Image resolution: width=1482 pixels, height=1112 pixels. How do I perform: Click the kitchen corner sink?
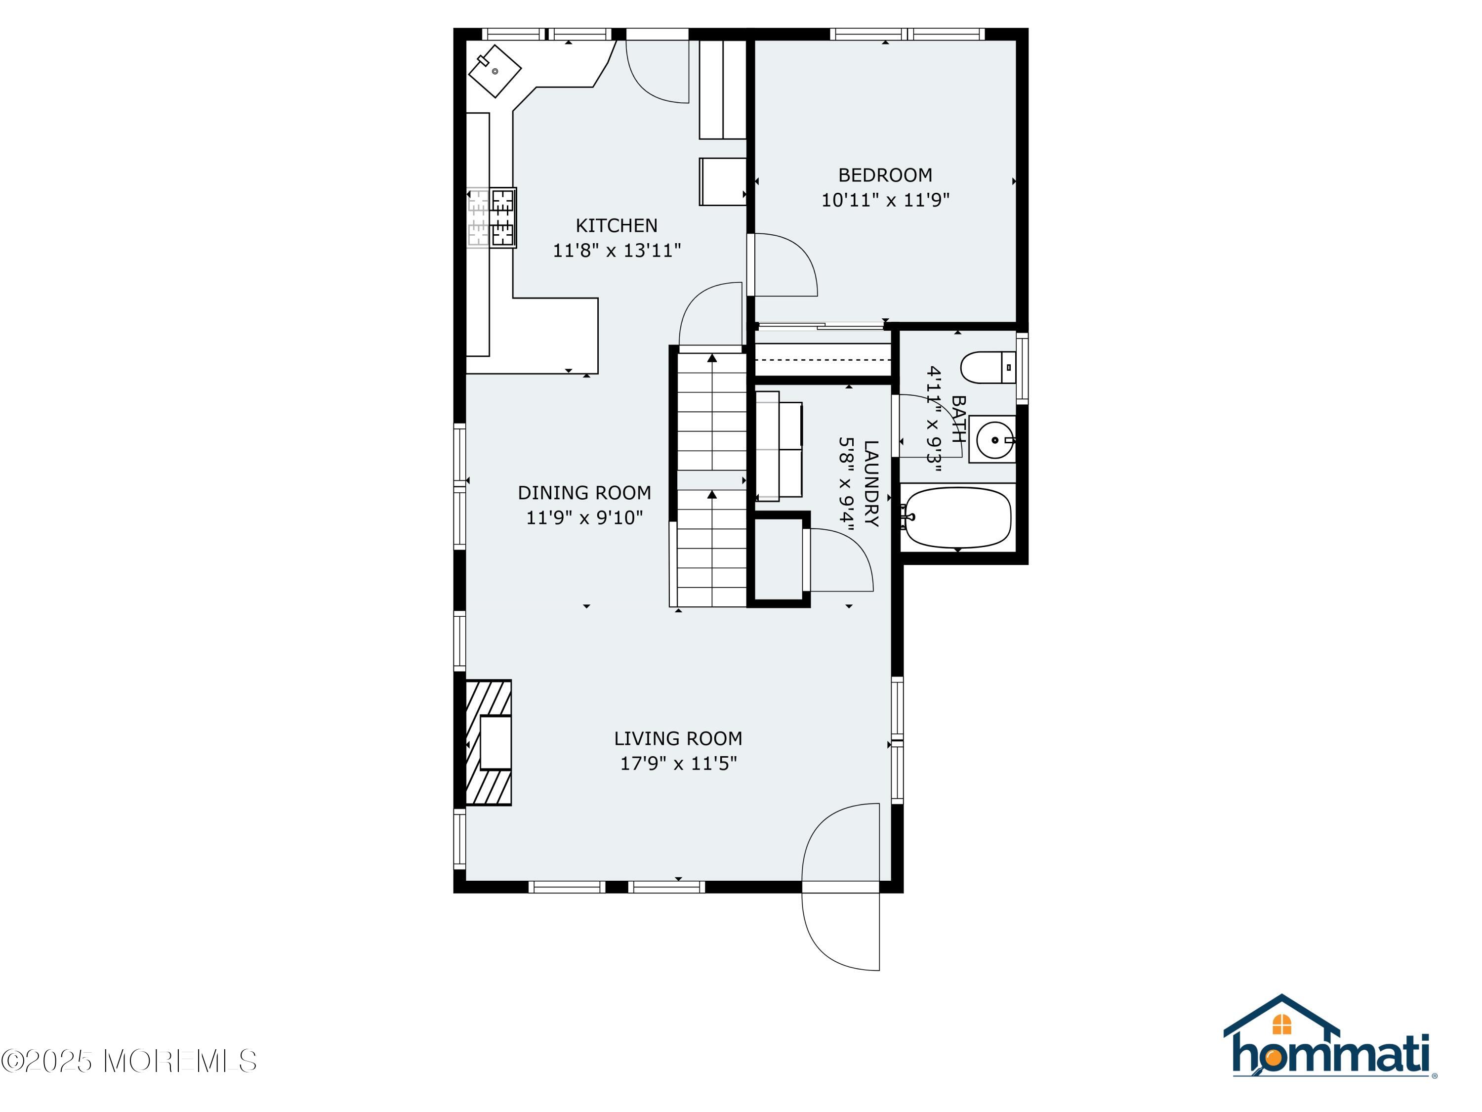coord(494,71)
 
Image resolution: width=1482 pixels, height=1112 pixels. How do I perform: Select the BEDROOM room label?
coord(885,175)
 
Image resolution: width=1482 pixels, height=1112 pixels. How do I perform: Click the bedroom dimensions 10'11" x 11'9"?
coord(885,200)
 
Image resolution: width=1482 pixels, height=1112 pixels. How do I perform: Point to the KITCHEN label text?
coord(617,225)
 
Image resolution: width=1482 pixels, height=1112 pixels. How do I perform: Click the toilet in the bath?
coord(988,367)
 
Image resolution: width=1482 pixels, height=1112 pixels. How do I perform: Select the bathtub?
coord(956,517)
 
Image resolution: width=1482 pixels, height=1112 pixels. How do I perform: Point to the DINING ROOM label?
coord(584,493)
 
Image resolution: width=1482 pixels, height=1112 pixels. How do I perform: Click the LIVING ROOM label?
coord(678,739)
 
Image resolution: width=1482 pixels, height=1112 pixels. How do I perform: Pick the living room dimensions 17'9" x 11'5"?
coord(678,764)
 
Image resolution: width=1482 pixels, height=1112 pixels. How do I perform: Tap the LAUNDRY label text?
coord(871,483)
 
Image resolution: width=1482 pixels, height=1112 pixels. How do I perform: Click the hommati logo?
coord(1329,1036)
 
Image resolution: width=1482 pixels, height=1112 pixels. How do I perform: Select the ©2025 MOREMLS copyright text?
coord(128,1061)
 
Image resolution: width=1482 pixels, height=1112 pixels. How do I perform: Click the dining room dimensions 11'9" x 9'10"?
coord(584,517)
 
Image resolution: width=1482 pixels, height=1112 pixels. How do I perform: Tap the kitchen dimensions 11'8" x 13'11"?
coord(617,250)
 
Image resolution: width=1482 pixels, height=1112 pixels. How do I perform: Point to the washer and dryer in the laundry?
coord(779,446)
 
